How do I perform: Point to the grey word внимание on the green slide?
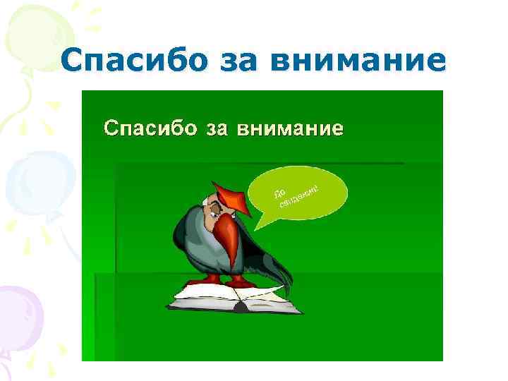click(289, 128)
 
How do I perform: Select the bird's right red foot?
click(240, 280)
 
